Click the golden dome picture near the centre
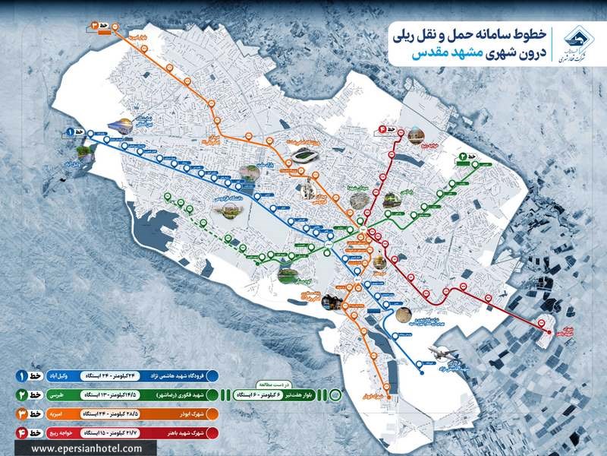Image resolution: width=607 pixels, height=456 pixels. click(376, 264)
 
